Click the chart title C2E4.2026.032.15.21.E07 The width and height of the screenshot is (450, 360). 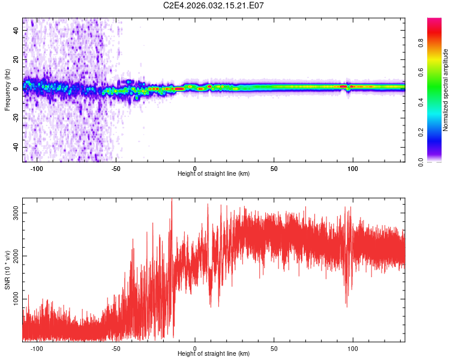[213, 5]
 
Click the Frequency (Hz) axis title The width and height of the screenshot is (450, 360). [7, 90]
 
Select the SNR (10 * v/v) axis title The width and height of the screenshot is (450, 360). [7, 270]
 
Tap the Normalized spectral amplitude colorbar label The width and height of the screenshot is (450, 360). [445, 90]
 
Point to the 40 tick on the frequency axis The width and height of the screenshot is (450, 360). [16, 30]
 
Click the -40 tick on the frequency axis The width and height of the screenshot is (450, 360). [16, 147]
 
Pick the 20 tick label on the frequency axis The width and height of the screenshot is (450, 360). [16, 59]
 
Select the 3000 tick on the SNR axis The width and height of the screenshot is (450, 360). [16, 213]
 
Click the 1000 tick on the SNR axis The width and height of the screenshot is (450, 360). [16, 299]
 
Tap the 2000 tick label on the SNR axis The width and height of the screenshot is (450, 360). [16, 256]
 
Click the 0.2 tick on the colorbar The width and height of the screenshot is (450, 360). [421, 132]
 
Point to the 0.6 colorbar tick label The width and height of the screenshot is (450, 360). [421, 73]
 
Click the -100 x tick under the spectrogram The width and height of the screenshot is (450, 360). [37, 169]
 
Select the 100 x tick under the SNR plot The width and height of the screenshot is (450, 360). [353, 349]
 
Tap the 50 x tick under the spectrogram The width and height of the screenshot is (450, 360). [274, 169]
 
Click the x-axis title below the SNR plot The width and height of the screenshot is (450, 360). [214, 353]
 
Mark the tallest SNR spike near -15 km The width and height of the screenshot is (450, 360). [172, 199]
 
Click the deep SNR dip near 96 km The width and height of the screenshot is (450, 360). [347, 306]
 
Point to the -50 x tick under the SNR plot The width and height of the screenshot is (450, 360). [116, 349]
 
